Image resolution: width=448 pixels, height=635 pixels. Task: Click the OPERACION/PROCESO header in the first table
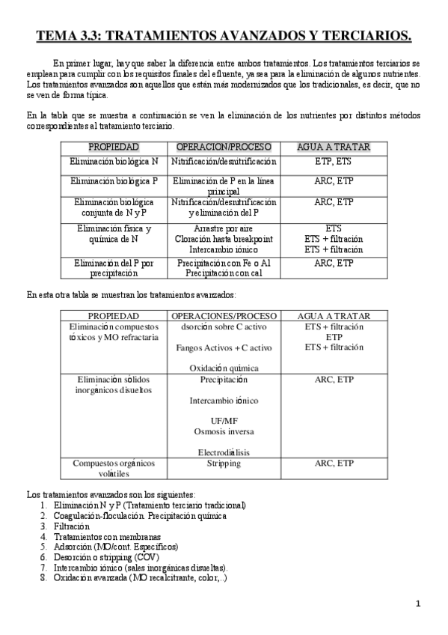click(x=224, y=146)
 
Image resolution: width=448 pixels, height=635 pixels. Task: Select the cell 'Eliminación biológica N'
click(x=114, y=162)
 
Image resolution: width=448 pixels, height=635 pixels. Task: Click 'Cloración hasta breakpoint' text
click(x=224, y=239)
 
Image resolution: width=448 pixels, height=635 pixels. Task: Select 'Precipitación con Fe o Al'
click(x=224, y=263)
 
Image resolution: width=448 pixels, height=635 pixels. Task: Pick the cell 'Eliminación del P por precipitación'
click(x=114, y=268)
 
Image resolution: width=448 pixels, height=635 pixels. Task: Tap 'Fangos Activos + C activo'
click(x=224, y=347)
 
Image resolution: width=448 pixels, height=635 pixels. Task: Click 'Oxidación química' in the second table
click(x=224, y=368)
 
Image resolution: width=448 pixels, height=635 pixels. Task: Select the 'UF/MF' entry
click(x=224, y=421)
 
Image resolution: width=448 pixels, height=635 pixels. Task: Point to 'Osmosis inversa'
click(x=224, y=431)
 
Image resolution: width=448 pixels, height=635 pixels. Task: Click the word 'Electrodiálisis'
click(x=224, y=452)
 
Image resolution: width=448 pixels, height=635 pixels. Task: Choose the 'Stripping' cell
click(x=224, y=464)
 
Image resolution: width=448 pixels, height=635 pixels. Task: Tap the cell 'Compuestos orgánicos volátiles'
click(x=113, y=468)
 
